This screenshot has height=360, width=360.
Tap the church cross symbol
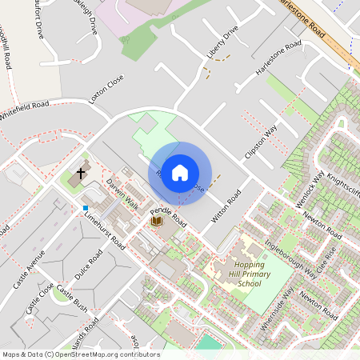(x=81, y=172)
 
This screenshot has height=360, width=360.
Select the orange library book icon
(x=157, y=219)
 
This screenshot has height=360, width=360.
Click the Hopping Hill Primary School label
(x=238, y=274)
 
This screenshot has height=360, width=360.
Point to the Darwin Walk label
(x=123, y=194)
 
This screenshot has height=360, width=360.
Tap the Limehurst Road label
(x=103, y=230)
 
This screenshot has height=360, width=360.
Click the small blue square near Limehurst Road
(x=85, y=209)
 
